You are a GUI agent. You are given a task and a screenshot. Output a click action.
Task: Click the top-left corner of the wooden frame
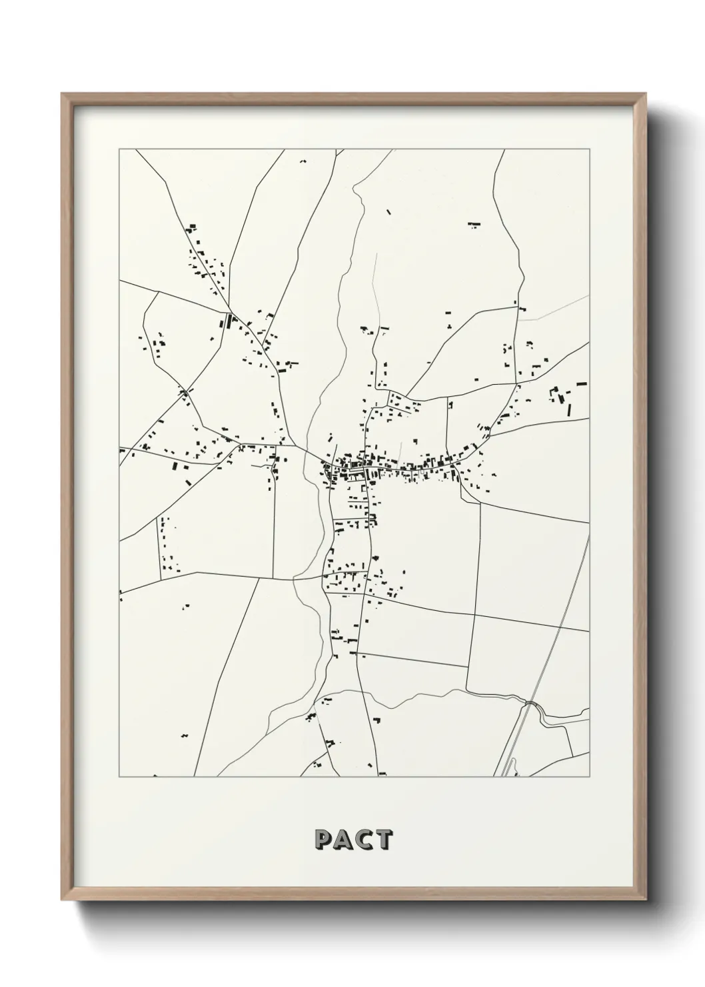[63, 94]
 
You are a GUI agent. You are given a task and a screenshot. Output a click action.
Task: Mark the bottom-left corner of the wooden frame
[75, 899]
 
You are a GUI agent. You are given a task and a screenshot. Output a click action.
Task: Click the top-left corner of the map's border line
[119, 149]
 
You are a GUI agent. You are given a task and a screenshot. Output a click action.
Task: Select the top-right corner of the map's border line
[590, 149]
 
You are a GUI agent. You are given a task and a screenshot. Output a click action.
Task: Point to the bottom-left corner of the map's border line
[119, 777]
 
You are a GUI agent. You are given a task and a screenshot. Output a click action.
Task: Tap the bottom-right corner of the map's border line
[590, 777]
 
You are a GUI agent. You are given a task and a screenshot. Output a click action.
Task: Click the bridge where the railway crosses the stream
[531, 703]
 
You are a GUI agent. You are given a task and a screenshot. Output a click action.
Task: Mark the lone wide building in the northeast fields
[474, 225]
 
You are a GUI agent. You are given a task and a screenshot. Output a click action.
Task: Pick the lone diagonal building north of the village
[389, 213]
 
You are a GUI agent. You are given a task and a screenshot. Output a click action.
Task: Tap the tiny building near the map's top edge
[303, 161]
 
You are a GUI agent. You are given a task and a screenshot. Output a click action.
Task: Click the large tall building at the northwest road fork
[232, 322]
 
